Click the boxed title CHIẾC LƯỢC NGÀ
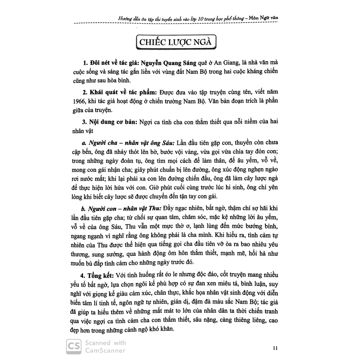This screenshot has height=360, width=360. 176,43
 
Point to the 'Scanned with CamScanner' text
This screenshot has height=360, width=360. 105,346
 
